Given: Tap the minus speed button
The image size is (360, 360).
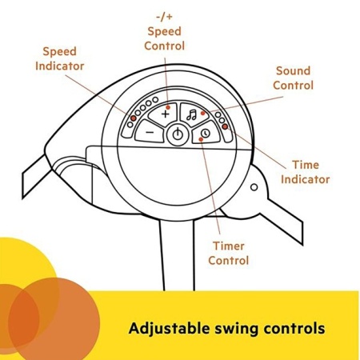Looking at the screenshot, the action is (150, 131).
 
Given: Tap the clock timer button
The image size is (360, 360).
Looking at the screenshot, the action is (205, 133).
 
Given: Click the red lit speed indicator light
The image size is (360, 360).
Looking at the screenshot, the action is (134, 118).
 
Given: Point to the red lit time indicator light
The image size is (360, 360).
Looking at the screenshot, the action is (225, 126).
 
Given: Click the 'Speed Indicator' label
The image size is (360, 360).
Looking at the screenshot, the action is (60, 58).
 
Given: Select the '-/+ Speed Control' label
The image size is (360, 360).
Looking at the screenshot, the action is (165, 32).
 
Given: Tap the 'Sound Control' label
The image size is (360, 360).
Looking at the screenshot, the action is (293, 78).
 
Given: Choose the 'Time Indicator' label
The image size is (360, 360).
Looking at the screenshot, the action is (306, 172).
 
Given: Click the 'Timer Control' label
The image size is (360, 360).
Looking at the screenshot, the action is (229, 254).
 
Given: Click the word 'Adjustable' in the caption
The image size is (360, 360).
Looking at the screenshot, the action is (169, 329).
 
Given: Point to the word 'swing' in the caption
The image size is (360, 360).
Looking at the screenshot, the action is (237, 330).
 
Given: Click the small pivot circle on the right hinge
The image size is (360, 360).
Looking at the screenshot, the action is (254, 187).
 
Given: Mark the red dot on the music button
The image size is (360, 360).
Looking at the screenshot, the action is (203, 114).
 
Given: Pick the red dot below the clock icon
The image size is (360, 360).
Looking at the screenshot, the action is (201, 139).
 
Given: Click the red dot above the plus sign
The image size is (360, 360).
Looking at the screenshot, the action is (168, 107).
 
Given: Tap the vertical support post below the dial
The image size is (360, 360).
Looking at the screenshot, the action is (177, 255).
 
